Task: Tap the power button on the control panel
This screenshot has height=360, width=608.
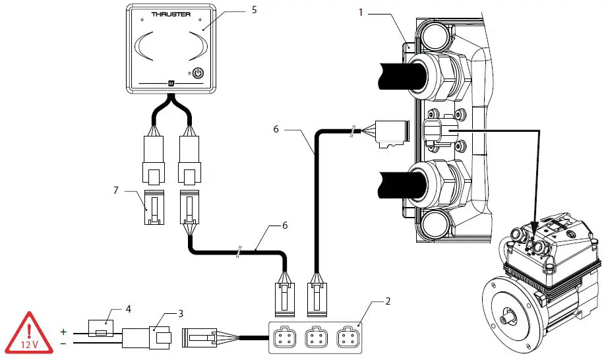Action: pyautogui.click(x=198, y=74)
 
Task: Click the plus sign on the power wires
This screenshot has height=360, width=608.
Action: pyautogui.click(x=63, y=332)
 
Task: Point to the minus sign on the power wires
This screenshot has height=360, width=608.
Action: pyautogui.click(x=63, y=343)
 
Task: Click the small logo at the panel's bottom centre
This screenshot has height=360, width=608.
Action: pyautogui.click(x=169, y=84)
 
